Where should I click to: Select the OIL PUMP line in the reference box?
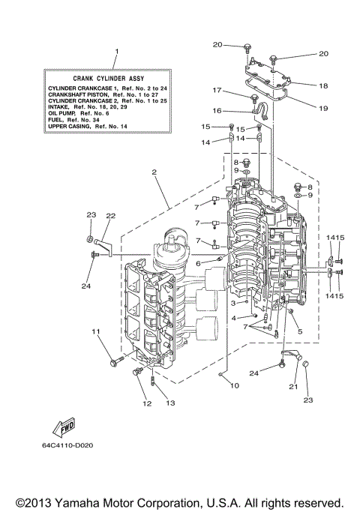point(79,113)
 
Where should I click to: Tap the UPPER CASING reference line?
point(90,127)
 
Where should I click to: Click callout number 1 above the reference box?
point(116,52)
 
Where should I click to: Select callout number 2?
point(153,172)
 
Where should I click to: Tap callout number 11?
point(95,331)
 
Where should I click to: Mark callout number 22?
point(110,216)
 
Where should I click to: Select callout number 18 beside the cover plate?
point(323,86)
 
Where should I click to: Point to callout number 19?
point(323,108)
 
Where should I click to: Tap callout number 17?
point(216,91)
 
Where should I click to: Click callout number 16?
point(216,110)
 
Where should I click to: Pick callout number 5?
point(300,331)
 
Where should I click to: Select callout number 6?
point(199,263)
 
